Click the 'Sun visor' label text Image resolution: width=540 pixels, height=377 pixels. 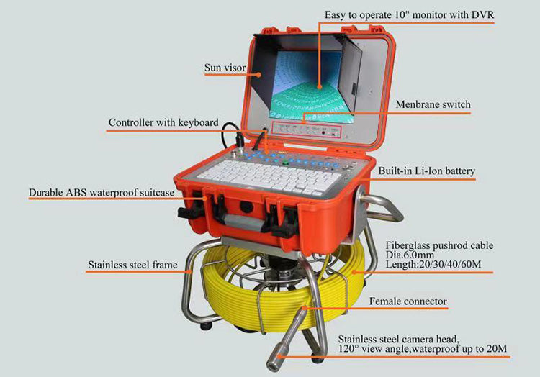(225, 68)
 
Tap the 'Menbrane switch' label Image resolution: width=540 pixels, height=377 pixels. (433, 104)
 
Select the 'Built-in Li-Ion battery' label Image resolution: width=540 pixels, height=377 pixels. (427, 171)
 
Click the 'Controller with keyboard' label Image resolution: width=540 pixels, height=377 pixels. (163, 122)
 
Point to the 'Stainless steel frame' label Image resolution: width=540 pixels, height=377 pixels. (132, 265)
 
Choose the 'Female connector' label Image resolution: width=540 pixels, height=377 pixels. (408, 301)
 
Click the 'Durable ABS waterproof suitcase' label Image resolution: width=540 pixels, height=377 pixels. (102, 193)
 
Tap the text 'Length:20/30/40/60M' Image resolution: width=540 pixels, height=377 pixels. (433, 264)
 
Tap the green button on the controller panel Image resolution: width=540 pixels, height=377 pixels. (285, 163)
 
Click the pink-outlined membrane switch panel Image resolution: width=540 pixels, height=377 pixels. (307, 130)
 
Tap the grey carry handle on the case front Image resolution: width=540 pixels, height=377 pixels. (243, 222)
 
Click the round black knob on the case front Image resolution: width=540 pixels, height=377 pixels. (246, 207)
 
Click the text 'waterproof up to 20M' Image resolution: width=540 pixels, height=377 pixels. (459, 348)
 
